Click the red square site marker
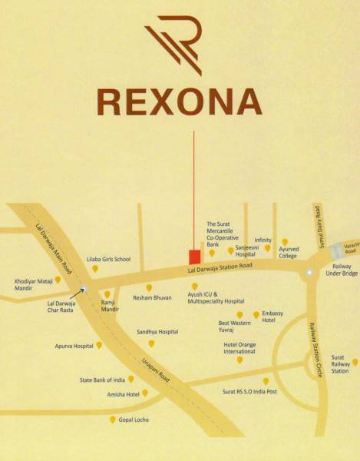click(195, 256)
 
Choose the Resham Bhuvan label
click(151, 297)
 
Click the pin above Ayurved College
click(285, 242)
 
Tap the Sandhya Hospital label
click(157, 331)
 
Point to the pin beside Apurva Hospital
click(98, 346)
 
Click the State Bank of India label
click(103, 380)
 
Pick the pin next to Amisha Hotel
click(144, 393)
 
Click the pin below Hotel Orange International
click(239, 360)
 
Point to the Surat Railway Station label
click(340, 364)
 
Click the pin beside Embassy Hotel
click(256, 315)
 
